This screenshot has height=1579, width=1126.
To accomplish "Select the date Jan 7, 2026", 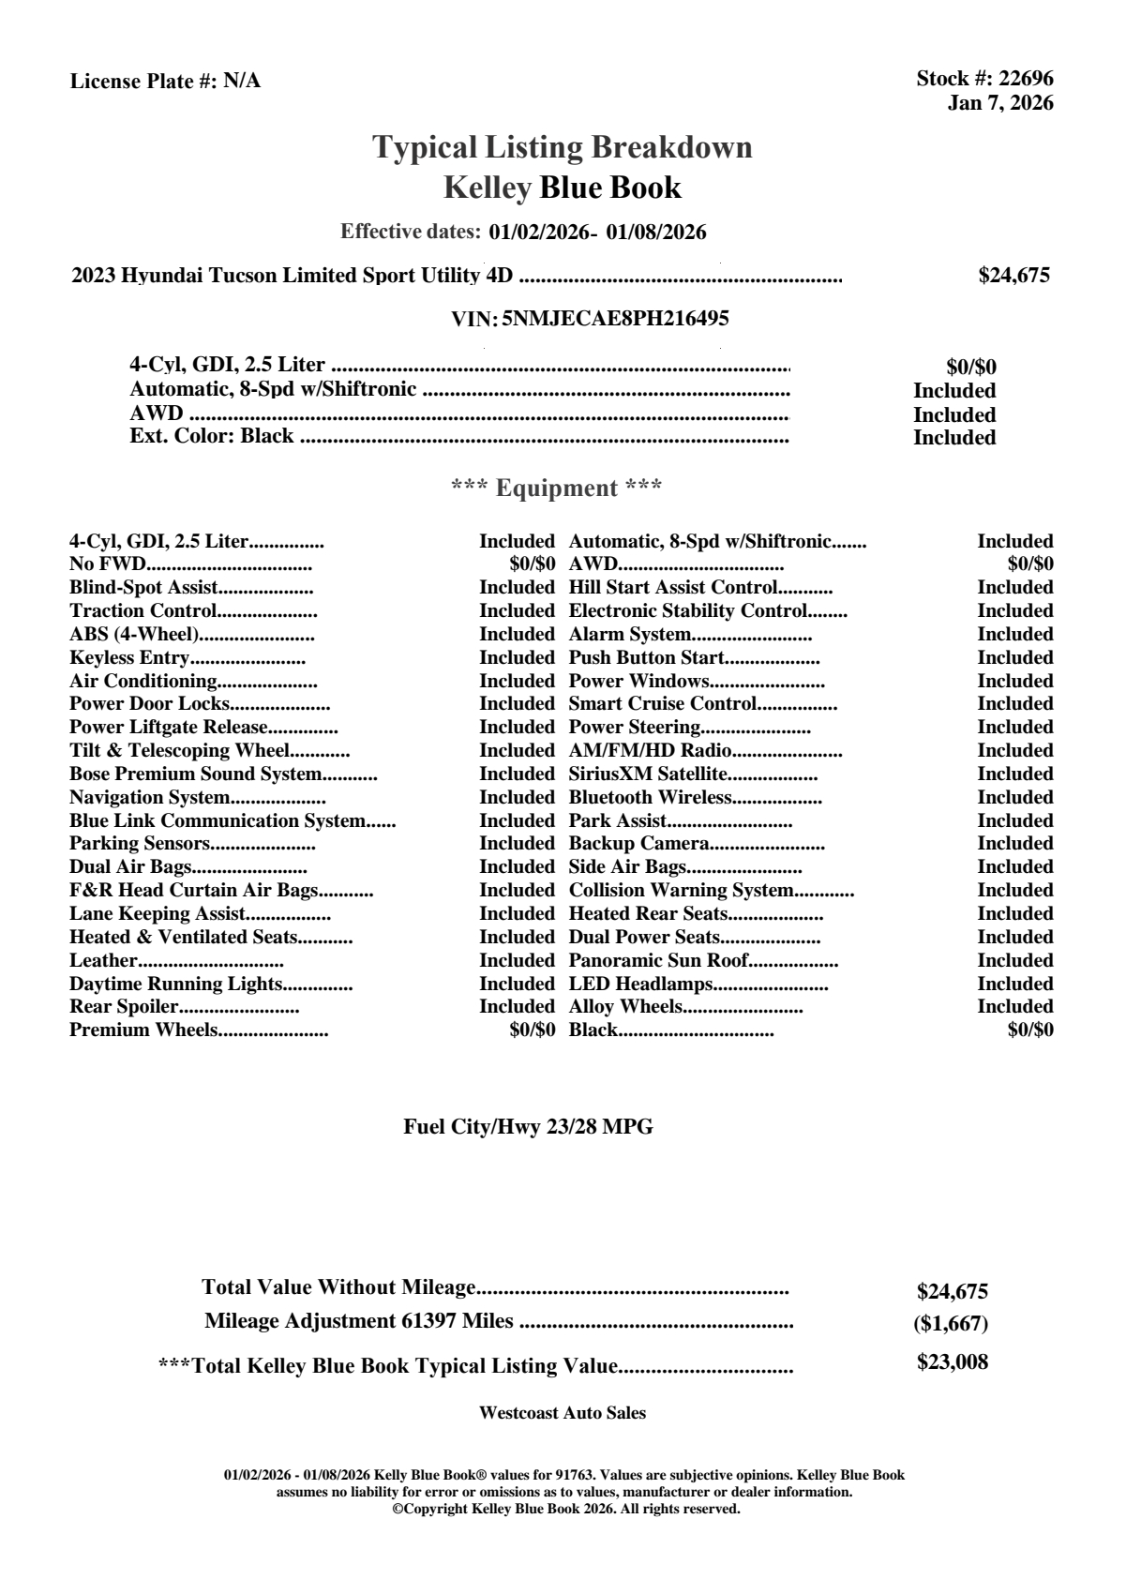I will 999,103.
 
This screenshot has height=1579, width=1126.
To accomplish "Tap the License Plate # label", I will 143,82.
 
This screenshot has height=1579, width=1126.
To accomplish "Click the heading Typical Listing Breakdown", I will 563,147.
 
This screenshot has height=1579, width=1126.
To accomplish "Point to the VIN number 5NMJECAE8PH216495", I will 615,319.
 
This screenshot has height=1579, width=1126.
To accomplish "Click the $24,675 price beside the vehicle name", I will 1013,276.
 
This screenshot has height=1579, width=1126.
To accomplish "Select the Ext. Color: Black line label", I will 211,436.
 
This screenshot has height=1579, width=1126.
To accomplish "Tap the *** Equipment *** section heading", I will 557,489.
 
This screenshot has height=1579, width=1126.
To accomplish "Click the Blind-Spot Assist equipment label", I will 143,588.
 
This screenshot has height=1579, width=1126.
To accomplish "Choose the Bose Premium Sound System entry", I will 195,774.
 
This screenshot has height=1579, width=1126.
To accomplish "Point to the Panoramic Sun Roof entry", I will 658,961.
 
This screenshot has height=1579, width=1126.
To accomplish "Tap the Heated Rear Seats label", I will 648,914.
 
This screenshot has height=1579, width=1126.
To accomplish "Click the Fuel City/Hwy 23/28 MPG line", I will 528,1127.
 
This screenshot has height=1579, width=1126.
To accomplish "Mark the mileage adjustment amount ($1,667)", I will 951,1324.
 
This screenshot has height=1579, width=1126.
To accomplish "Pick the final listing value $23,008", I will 952,1362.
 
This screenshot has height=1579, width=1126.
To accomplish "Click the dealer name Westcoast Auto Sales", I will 562,1413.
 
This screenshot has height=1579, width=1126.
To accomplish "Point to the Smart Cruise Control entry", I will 662,704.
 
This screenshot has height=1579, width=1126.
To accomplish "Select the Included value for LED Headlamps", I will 1014,985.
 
